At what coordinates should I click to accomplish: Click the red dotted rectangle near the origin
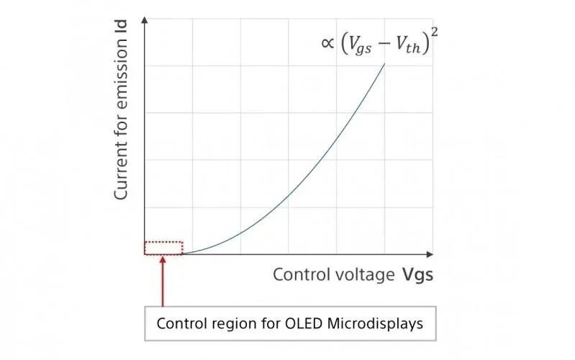pos(163,248)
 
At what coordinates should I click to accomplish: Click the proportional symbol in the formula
pos(327,42)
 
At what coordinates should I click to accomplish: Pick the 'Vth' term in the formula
pos(411,44)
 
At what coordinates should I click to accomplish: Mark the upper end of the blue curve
pos(384,63)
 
